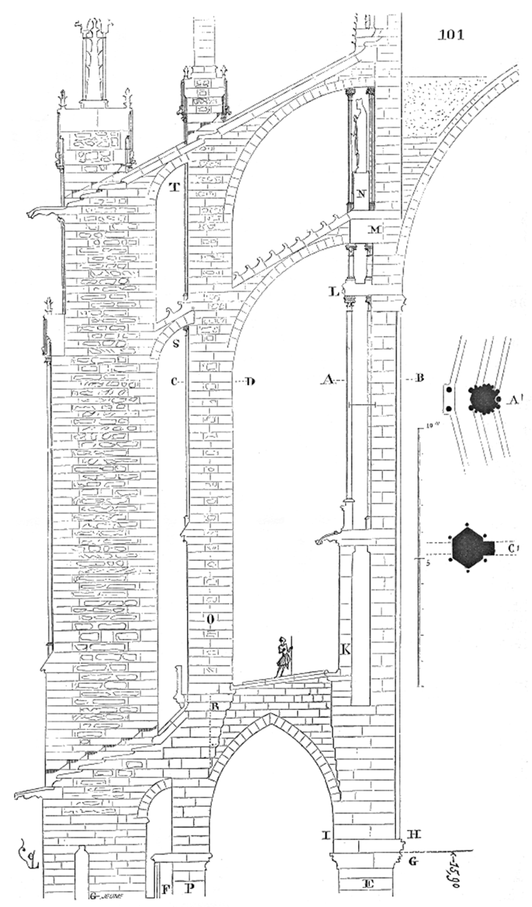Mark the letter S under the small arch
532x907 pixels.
176,344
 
